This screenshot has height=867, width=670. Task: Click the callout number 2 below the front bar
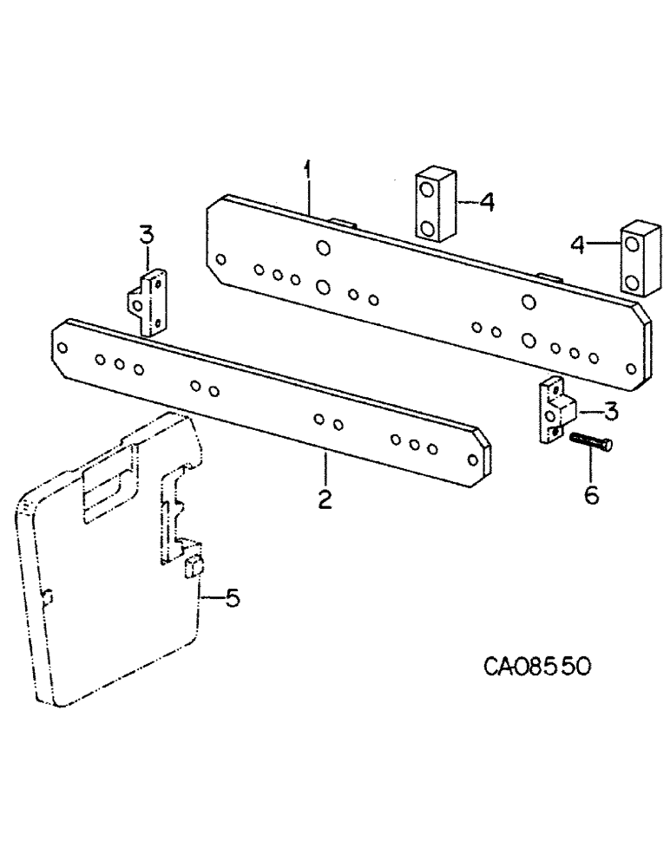click(325, 500)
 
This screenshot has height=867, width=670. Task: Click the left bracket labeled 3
click(148, 301)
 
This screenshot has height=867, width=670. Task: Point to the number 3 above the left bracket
click(146, 234)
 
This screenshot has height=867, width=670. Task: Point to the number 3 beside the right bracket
click(611, 411)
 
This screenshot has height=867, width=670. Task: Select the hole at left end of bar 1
click(220, 258)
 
